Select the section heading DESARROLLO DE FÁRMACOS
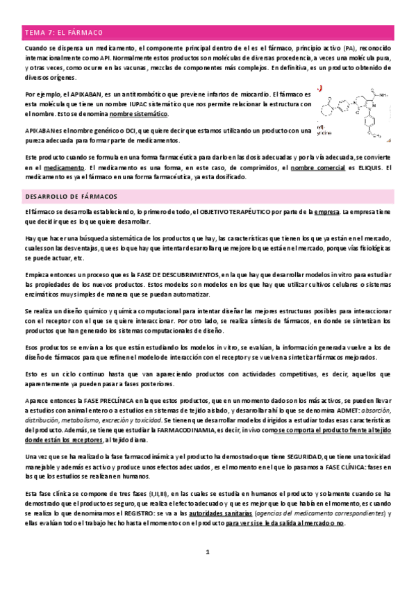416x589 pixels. coord(70,197)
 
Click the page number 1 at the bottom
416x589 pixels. coord(207,553)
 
